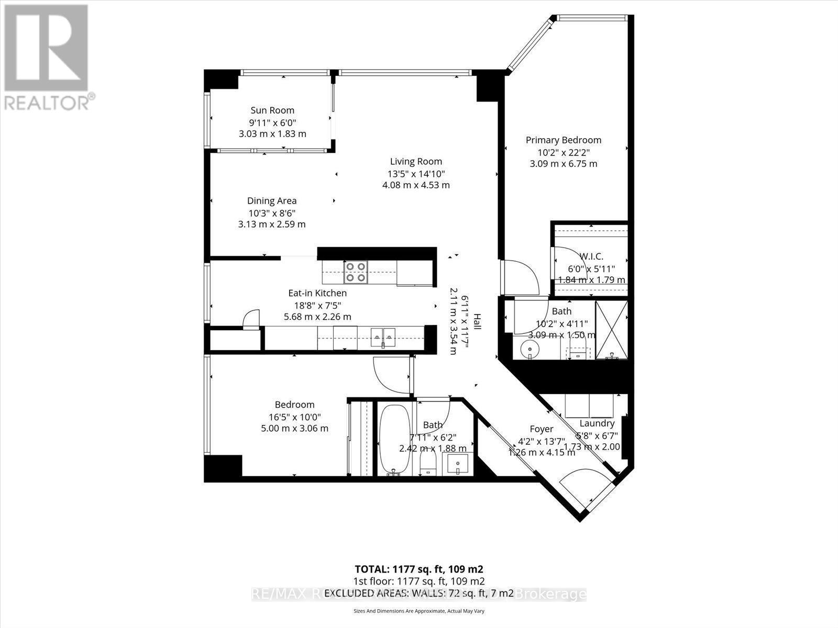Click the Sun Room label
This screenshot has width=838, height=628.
(x=272, y=110)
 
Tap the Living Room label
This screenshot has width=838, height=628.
(x=416, y=162)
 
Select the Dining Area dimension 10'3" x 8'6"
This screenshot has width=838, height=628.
(x=272, y=213)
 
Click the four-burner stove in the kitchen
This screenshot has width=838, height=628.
(x=355, y=272)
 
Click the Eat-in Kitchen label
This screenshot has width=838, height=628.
(x=317, y=293)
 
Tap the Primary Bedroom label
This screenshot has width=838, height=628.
(x=563, y=140)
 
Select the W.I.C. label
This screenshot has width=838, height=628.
(x=591, y=256)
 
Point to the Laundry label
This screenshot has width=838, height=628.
(x=597, y=423)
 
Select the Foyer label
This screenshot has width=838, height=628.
(x=542, y=429)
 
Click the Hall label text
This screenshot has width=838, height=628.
(x=477, y=321)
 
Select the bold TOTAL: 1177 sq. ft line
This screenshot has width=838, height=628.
(x=418, y=569)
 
